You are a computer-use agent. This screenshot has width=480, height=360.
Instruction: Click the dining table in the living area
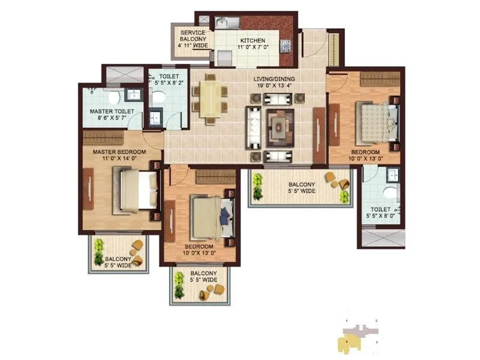coord(210,98)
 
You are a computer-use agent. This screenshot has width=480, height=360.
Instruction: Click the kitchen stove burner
coord(286,44)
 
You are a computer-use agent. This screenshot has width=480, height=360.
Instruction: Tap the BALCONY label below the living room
coord(301,184)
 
